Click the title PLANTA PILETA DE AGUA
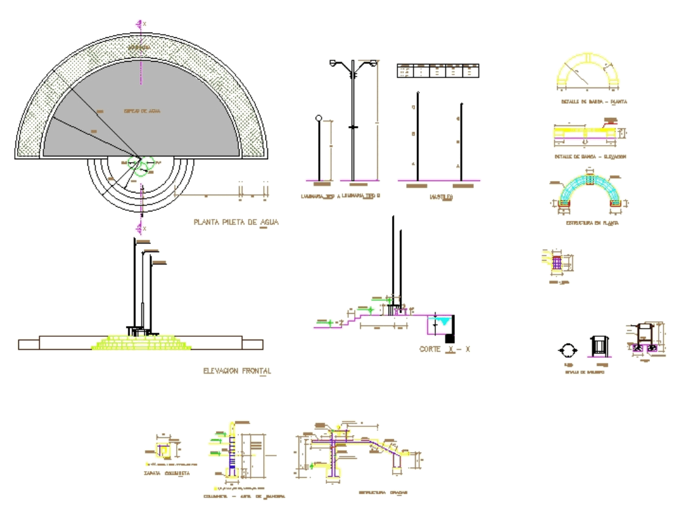point(235,222)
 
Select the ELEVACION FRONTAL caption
point(237,371)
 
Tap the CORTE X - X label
point(444,349)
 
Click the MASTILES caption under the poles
point(441,197)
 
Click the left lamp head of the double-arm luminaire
point(333,63)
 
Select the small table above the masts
point(438,70)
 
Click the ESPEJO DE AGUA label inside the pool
point(141,110)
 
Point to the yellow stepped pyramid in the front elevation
point(142,342)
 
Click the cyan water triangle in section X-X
point(442,323)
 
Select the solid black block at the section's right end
point(450,338)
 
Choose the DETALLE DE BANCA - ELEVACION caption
point(590,156)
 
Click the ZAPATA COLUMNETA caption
point(167,473)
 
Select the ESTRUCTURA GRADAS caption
point(383,492)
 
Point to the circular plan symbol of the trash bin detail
point(567,350)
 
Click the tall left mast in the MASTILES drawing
point(418,136)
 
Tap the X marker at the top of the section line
point(143,24)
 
